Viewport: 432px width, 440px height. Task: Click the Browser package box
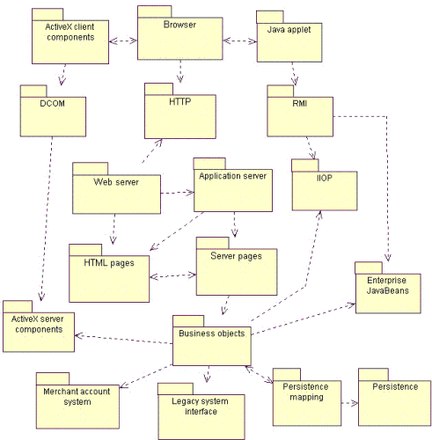pos(179,38)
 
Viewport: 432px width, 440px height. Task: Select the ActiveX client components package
pos(70,40)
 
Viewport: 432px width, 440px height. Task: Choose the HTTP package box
pos(179,114)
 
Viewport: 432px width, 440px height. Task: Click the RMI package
pos(299,114)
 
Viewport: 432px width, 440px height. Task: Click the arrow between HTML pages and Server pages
pos(172,275)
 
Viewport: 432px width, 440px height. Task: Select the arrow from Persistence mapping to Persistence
pos(348,403)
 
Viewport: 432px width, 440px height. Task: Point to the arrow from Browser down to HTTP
pos(180,71)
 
